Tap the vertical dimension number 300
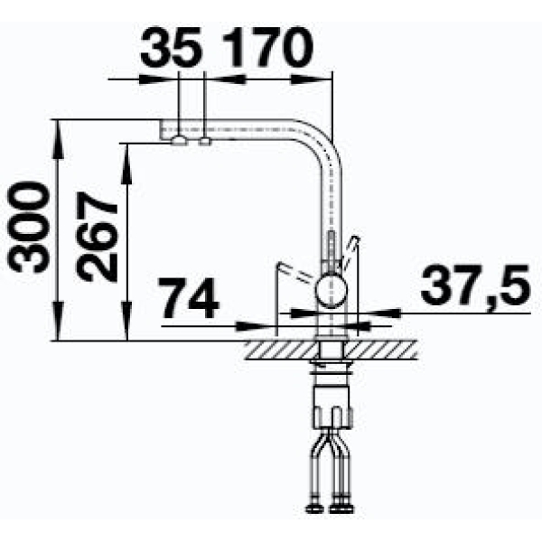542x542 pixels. pyautogui.click(x=27, y=228)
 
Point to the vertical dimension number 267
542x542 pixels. pyautogui.click(x=97, y=237)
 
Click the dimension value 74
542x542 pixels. pyautogui.click(x=189, y=298)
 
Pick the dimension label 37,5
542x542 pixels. pyautogui.click(x=475, y=285)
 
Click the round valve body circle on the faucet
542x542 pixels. pyautogui.click(x=332, y=290)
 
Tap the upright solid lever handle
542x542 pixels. pyautogui.click(x=350, y=253)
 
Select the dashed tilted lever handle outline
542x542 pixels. pyautogui.click(x=294, y=271)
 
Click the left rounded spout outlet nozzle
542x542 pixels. pyautogui.click(x=179, y=141)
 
